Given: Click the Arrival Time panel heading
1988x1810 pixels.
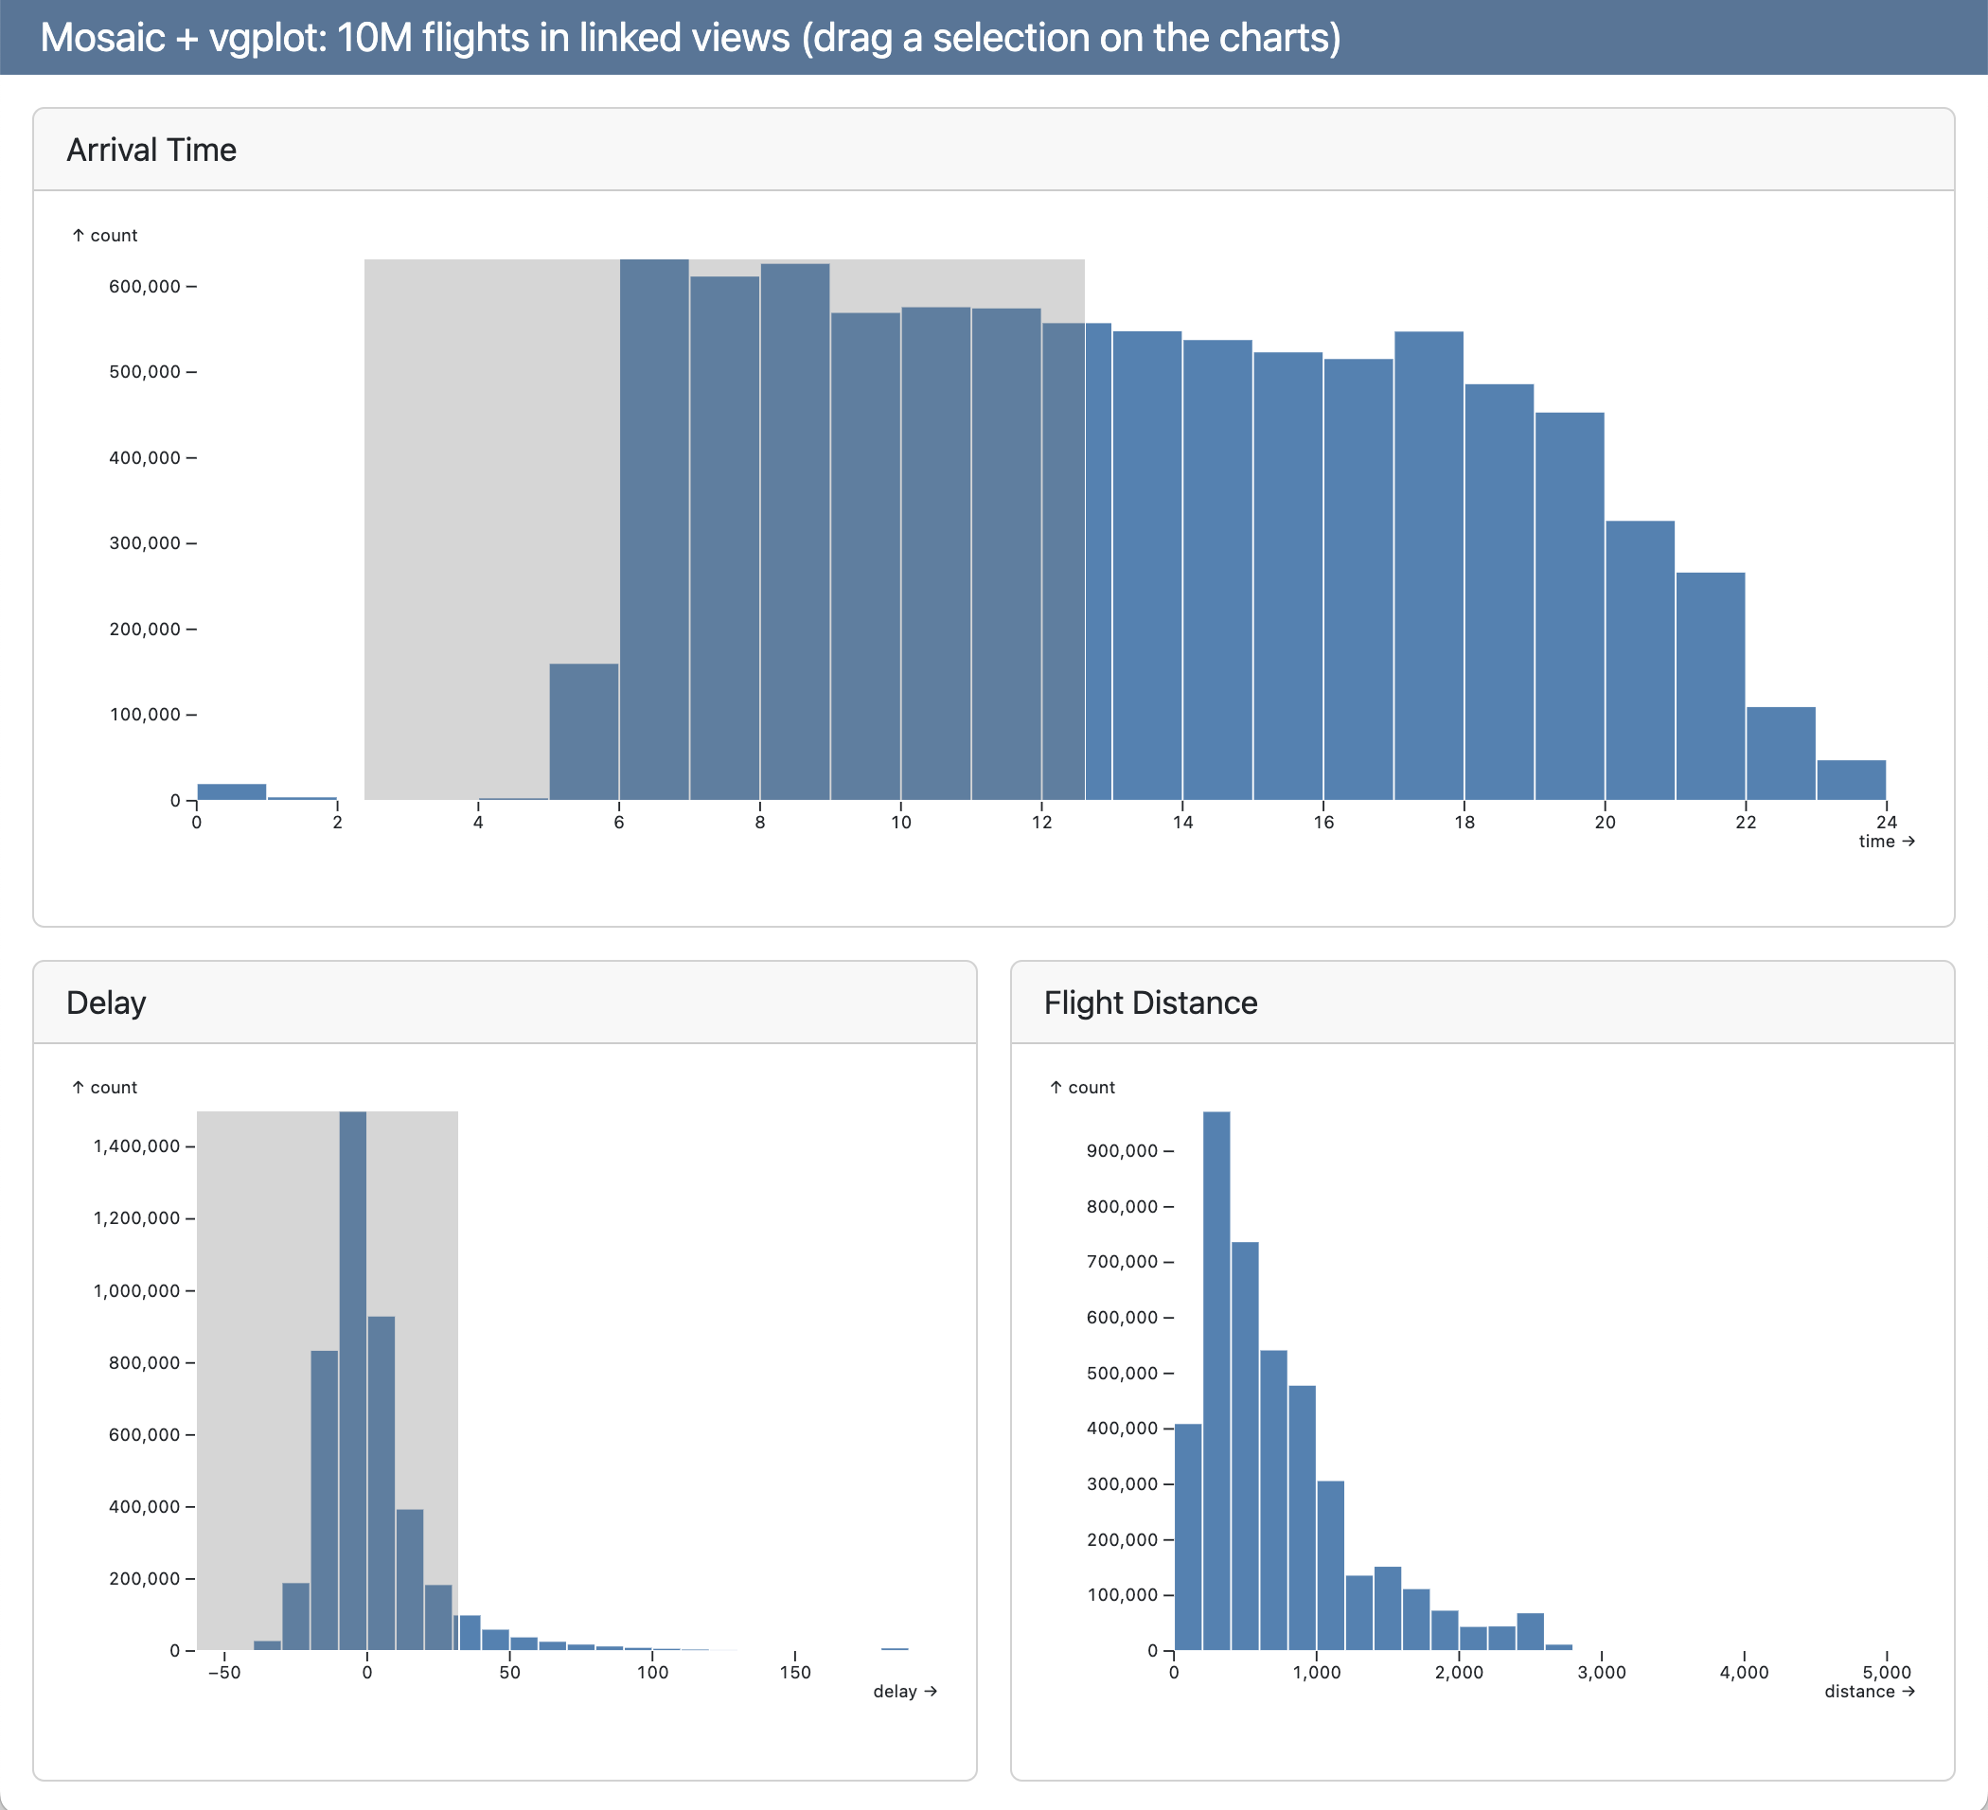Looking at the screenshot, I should pyautogui.click(x=151, y=150).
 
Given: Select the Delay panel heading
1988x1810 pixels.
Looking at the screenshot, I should pyautogui.click(x=106, y=1003).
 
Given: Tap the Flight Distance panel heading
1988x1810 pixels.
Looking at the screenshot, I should pyautogui.click(x=1150, y=1003).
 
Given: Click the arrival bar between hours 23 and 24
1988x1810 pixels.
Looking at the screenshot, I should pyautogui.click(x=1851, y=780).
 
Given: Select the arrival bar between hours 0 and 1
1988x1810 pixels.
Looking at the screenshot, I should pyautogui.click(x=232, y=791).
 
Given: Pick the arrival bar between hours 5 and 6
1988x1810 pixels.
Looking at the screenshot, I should pyautogui.click(x=584, y=732).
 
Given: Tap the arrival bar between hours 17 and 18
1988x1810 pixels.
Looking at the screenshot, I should pyautogui.click(x=1429, y=566).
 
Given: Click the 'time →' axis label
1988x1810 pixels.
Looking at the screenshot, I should pyautogui.click(x=1886, y=841).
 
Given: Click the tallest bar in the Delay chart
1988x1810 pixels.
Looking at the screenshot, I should pyautogui.click(x=353, y=1380).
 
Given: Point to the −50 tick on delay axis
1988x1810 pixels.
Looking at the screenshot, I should pyautogui.click(x=225, y=1672).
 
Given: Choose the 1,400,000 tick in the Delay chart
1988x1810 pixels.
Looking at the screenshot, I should pyautogui.click(x=137, y=1145).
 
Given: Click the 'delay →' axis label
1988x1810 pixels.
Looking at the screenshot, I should pyautogui.click(x=904, y=1692).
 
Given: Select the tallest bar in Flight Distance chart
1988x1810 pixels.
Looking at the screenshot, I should pyautogui.click(x=1216, y=1380).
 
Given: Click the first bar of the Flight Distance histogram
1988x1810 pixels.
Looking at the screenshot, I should pyautogui.click(x=1187, y=1538).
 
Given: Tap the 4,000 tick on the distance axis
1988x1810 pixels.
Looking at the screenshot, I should pyautogui.click(x=1744, y=1672).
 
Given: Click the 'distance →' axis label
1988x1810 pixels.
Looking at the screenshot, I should pyautogui.click(x=1869, y=1692).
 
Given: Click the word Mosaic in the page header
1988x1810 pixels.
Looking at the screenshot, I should pyautogui.click(x=102, y=38).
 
